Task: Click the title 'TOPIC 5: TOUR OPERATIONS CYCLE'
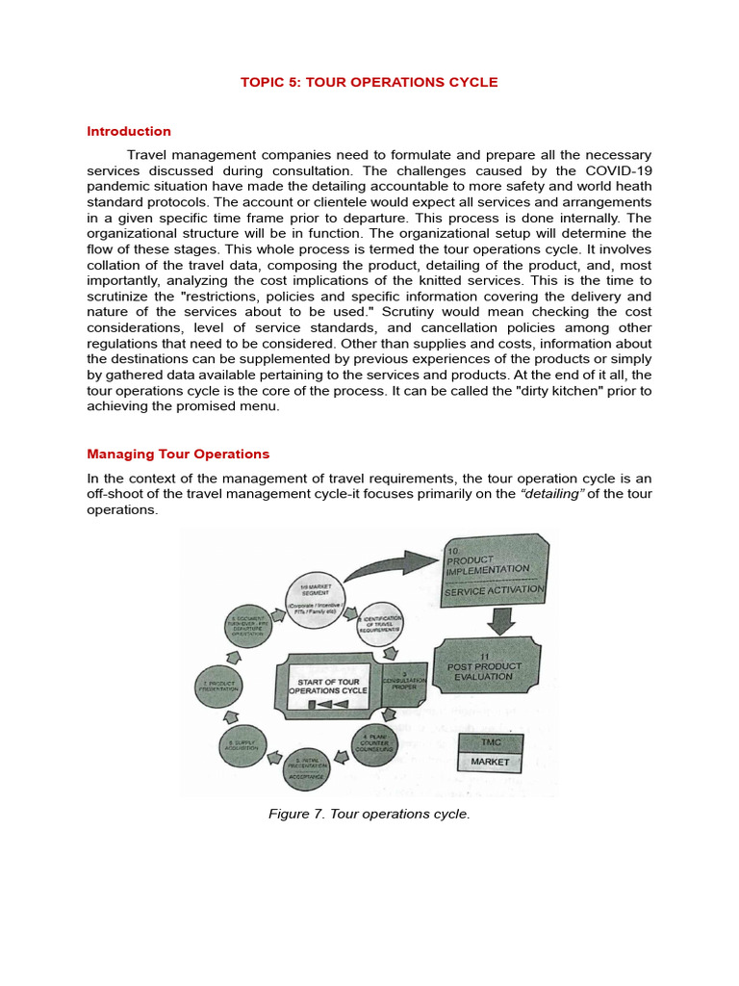click(369, 82)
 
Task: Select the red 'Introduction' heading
click(129, 131)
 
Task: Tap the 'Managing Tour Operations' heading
click(178, 454)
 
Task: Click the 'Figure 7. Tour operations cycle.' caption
click(369, 814)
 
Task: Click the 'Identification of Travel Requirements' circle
click(381, 627)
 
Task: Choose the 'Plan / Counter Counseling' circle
click(375, 744)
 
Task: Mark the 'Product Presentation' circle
click(217, 686)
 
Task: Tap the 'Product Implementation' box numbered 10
click(495, 568)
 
